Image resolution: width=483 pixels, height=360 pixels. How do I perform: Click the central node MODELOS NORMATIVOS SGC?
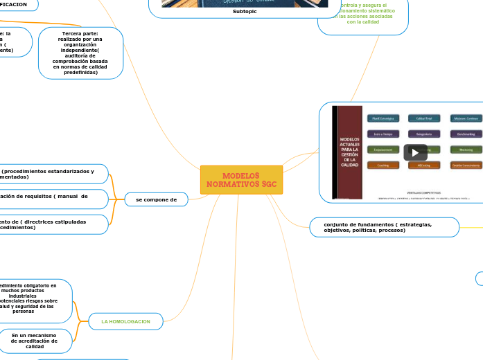[241, 180]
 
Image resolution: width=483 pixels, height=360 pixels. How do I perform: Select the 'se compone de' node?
[157, 199]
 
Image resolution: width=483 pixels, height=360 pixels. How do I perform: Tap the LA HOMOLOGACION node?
[125, 321]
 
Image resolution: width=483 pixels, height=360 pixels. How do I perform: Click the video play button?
[415, 152]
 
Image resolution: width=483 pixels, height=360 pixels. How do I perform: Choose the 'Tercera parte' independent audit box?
[80, 53]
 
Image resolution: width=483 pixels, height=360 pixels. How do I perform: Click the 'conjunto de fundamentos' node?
[383, 227]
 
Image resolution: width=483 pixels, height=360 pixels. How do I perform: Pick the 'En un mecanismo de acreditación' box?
[35, 341]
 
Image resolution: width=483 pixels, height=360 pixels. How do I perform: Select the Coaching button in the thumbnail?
[383, 165]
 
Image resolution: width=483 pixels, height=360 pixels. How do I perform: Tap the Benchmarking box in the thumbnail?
[466, 134]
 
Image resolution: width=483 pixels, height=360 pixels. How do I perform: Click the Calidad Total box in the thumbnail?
[424, 118]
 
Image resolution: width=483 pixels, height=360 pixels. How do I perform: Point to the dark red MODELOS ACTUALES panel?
[349, 152]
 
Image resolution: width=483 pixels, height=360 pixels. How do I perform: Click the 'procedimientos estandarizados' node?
[49, 174]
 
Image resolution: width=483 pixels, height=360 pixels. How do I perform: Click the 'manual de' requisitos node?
[49, 199]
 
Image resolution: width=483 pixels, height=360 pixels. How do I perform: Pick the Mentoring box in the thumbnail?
[466, 150]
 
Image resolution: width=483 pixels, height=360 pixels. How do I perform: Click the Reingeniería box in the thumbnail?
[424, 134]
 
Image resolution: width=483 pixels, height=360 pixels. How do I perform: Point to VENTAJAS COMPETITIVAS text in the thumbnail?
[424, 192]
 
